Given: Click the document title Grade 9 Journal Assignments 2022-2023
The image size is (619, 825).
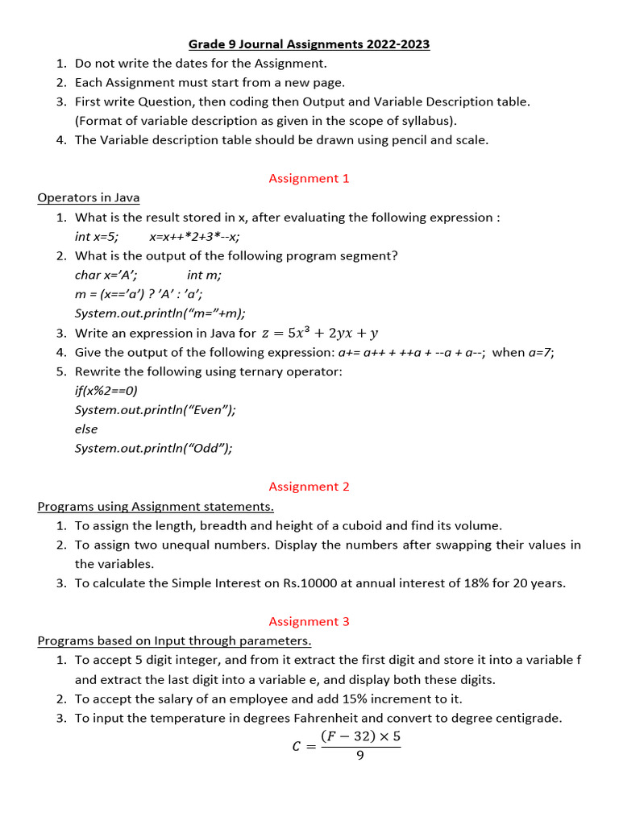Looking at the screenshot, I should [x=309, y=44].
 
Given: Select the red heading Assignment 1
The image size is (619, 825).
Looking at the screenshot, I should [x=309, y=178].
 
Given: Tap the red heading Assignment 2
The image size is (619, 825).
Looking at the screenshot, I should [x=309, y=487].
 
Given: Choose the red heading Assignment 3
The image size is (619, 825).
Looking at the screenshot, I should [x=309, y=621].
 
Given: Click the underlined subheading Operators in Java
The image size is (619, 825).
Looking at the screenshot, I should [x=89, y=197].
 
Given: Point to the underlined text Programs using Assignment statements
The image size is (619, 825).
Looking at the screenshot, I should [x=156, y=506].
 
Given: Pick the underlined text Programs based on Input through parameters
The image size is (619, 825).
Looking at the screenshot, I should [x=174, y=641].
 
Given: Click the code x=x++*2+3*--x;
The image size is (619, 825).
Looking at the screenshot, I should [x=194, y=236].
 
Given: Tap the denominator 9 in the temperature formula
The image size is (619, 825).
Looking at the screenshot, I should [x=359, y=756].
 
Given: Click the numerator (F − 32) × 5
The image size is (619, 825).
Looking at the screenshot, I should [x=360, y=736].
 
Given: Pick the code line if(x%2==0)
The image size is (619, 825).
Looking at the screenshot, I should [x=106, y=390].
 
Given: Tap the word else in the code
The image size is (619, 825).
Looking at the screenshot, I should [x=86, y=429].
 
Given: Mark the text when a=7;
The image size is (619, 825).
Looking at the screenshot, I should [x=523, y=352].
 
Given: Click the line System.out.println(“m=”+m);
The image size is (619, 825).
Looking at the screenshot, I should [x=160, y=313].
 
